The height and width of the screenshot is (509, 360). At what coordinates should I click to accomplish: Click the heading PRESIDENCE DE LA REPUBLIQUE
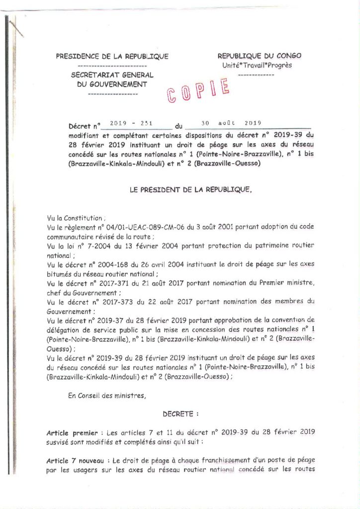tap(112, 56)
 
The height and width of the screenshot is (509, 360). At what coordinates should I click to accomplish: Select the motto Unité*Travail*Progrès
tap(257, 65)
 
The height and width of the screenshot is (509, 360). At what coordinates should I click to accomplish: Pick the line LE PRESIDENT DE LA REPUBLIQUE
tap(190, 189)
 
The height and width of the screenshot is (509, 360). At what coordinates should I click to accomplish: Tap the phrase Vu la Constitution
tap(76, 218)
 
